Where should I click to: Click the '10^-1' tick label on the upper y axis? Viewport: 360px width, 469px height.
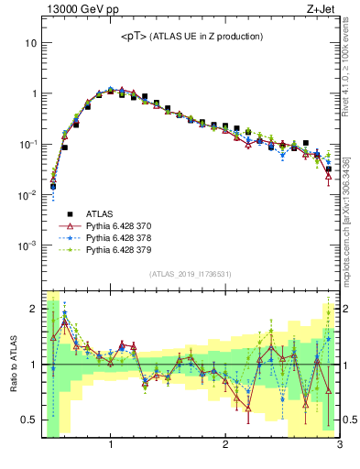(x=27, y=144)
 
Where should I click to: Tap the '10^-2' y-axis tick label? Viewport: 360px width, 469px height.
(x=27, y=195)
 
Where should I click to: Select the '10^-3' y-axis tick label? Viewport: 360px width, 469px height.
(x=27, y=245)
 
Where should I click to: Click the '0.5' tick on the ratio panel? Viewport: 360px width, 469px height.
(x=29, y=420)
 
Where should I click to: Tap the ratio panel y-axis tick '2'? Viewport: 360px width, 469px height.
(x=33, y=309)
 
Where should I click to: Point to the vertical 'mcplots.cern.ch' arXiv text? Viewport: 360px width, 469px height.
(x=352, y=211)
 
